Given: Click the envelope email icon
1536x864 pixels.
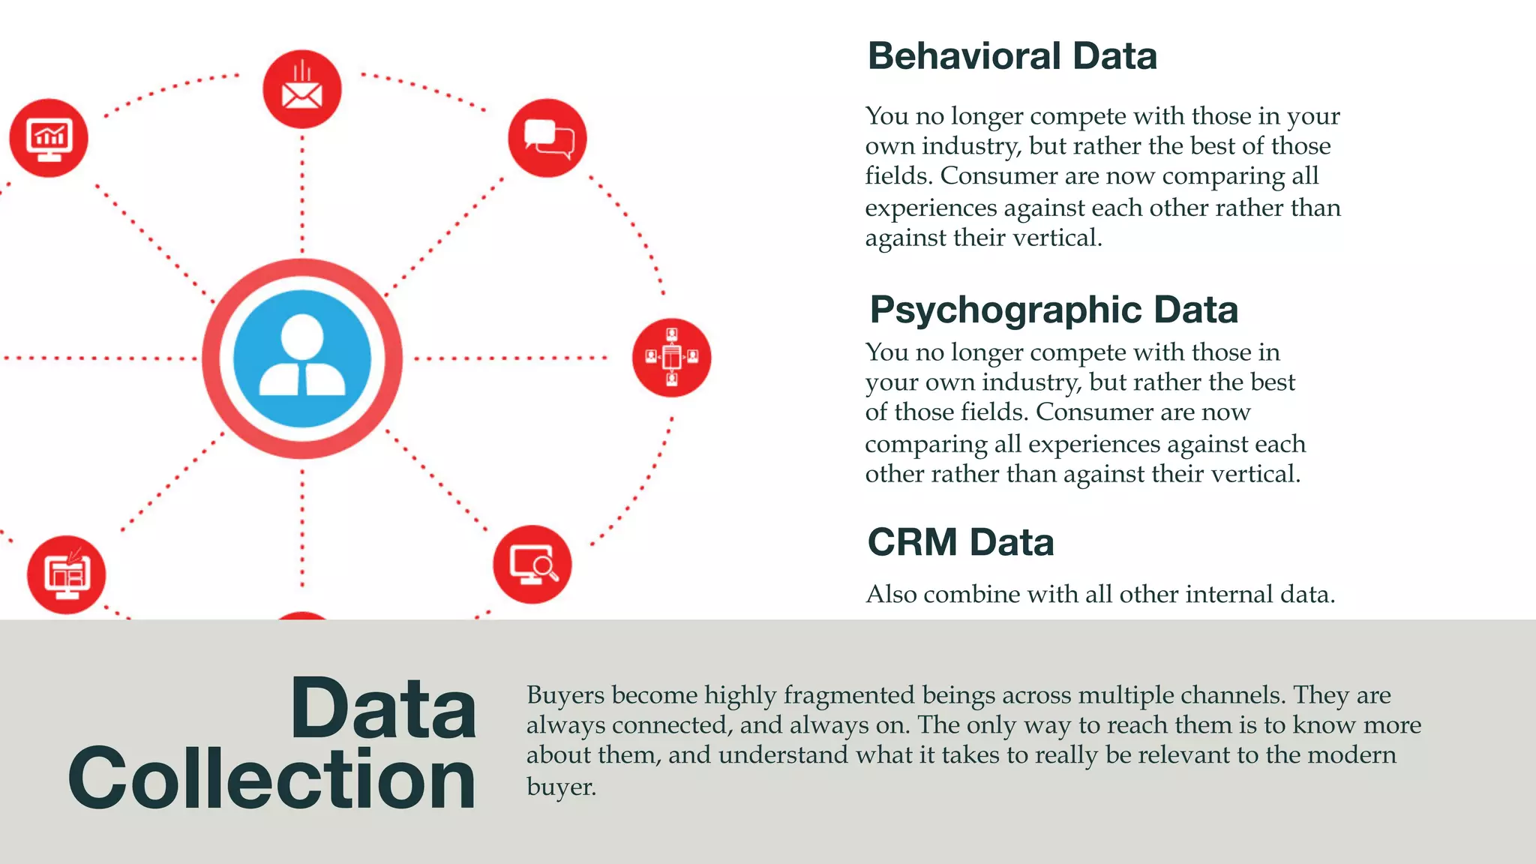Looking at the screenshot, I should pyautogui.click(x=301, y=90).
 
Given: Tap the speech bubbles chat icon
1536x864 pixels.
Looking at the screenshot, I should pyautogui.click(x=547, y=138).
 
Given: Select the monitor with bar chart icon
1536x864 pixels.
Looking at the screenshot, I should pyautogui.click(x=49, y=139).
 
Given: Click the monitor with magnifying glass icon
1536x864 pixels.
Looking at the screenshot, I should pyautogui.click(x=532, y=564).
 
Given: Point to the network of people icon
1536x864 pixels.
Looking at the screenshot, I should pyautogui.click(x=671, y=358).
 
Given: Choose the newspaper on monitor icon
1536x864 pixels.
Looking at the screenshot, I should pyautogui.click(x=67, y=575).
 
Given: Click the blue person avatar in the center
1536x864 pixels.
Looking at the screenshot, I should pyautogui.click(x=302, y=358).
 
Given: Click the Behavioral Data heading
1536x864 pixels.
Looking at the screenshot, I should pyautogui.click(x=1012, y=56).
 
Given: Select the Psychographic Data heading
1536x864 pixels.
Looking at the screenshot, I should pyautogui.click(x=1053, y=310).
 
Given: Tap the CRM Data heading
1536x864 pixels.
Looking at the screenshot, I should pyautogui.click(x=961, y=542).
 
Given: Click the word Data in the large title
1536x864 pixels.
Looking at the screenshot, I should pyautogui.click(x=383, y=709).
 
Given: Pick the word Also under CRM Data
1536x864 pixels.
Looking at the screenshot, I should pyautogui.click(x=891, y=595).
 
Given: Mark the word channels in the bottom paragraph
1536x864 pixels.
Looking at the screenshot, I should pyautogui.click(x=1233, y=695).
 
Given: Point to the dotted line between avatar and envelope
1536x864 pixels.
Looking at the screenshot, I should pyautogui.click(x=302, y=195).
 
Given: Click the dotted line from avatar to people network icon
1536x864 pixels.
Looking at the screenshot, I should pyautogui.click(x=510, y=358).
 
